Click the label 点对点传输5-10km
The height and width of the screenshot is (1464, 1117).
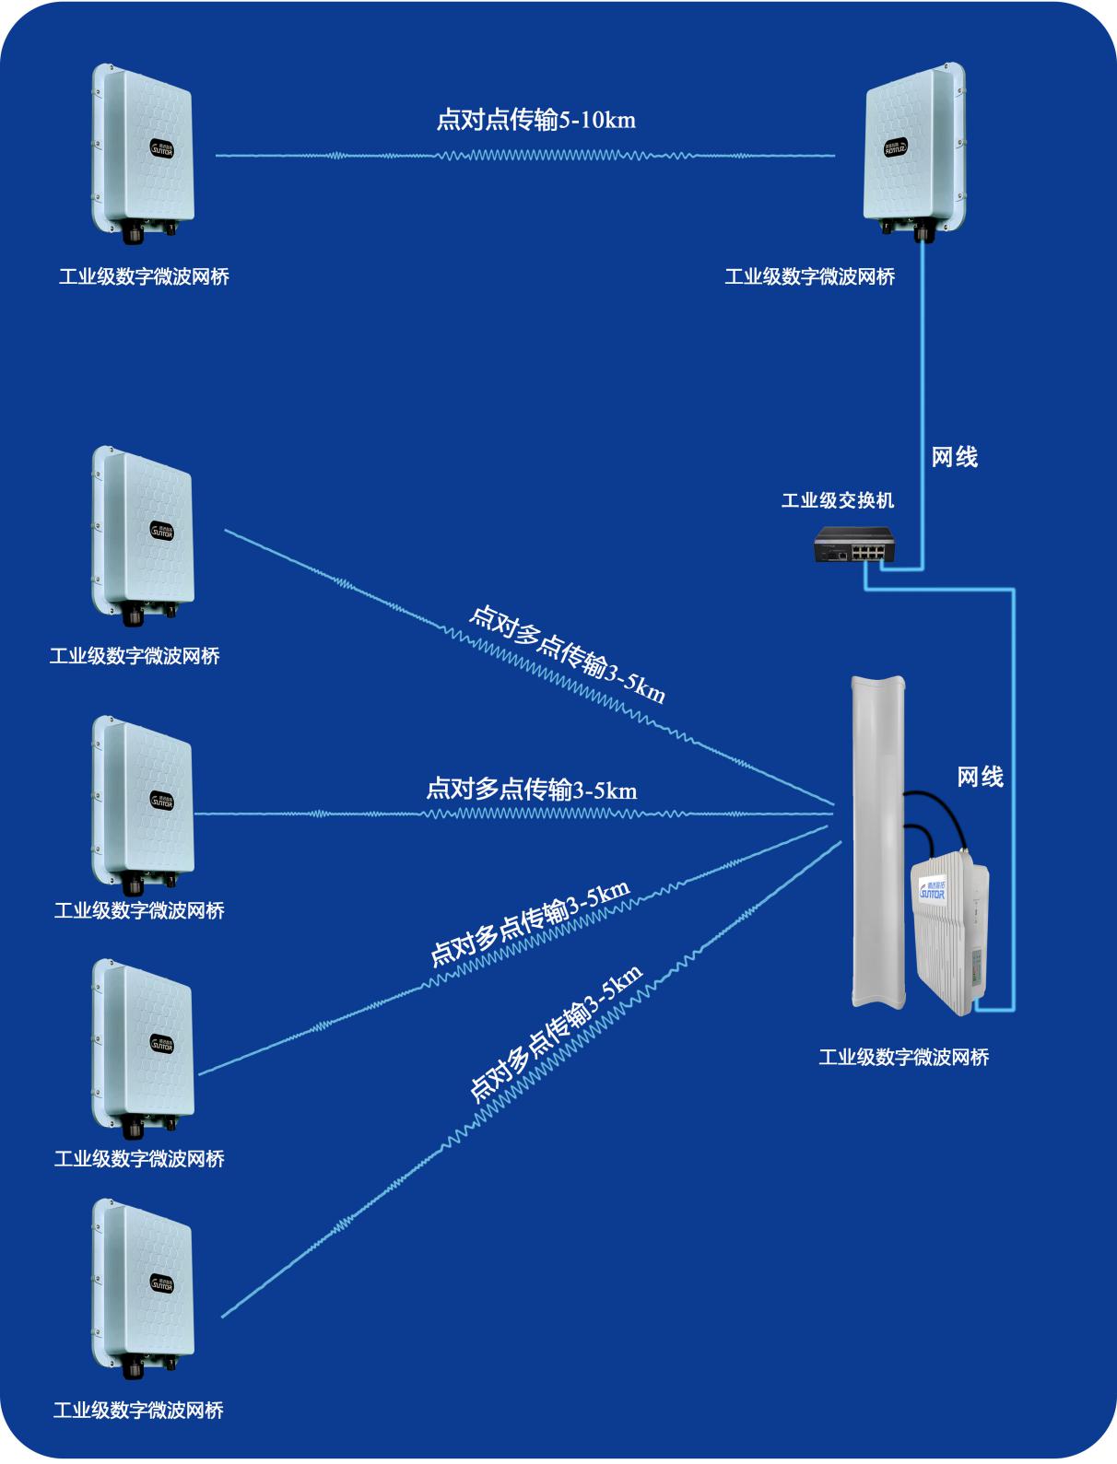pos(535,120)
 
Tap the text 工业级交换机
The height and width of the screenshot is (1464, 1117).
pos(837,500)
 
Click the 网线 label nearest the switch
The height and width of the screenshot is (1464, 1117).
pos(954,457)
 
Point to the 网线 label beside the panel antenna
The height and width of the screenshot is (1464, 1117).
pos(980,777)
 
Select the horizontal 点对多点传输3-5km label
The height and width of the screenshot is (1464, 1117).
pos(531,791)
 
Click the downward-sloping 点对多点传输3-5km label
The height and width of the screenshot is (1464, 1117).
pos(567,654)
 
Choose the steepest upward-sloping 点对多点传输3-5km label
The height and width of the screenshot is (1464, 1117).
pos(556,1033)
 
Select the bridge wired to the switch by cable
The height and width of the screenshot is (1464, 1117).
pos(914,147)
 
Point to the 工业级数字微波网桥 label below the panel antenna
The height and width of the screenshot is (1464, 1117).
pos(903,1057)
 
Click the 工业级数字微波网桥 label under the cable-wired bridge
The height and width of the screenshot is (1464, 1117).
pos(809,276)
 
